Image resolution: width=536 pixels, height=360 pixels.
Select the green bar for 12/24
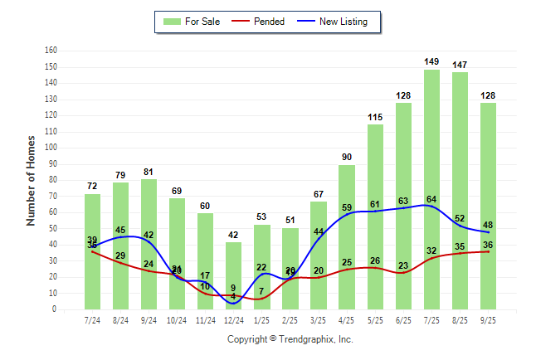click(234, 274)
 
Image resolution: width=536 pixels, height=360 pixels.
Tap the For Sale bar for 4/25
click(347, 236)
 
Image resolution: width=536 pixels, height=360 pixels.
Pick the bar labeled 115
click(375, 216)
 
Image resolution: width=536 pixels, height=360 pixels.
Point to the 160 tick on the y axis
click(51, 51)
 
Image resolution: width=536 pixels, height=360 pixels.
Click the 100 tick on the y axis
click(51, 148)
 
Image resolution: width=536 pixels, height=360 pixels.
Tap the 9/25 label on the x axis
click(489, 319)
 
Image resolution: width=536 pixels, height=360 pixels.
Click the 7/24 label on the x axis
click(92, 319)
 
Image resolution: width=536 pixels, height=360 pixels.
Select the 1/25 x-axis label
click(262, 319)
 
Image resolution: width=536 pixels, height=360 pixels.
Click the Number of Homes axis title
click(31, 180)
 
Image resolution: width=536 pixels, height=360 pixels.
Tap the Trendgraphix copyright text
click(290, 339)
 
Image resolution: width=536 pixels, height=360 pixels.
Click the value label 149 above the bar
click(432, 61)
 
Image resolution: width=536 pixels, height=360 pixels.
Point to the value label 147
click(460, 65)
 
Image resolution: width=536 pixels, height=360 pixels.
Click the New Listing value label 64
click(432, 199)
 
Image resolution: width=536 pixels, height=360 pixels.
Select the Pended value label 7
click(262, 291)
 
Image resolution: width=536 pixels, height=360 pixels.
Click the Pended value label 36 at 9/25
click(489, 245)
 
